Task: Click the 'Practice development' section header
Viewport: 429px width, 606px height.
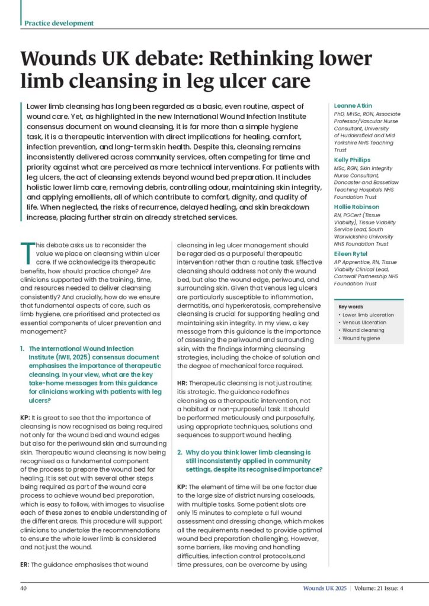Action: pyautogui.click(x=59, y=23)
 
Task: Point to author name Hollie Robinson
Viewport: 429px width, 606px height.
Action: pyautogui.click(x=359, y=207)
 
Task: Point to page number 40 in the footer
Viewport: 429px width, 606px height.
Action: pyautogui.click(x=24, y=588)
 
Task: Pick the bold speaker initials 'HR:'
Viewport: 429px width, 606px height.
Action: pyautogui.click(x=183, y=383)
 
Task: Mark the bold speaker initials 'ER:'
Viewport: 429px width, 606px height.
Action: pyautogui.click(x=25, y=565)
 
